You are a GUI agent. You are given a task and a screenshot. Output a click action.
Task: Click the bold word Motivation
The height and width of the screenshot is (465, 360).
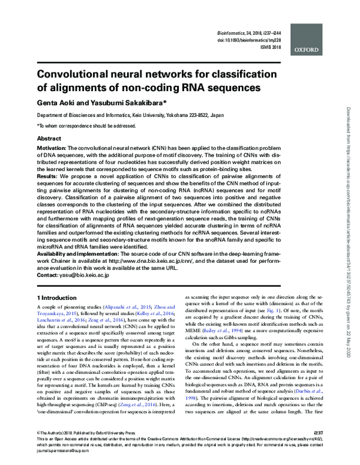click(51, 148)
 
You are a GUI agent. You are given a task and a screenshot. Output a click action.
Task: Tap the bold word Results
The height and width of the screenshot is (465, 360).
click(47, 178)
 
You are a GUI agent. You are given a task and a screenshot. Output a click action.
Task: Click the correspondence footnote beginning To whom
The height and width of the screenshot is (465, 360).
click(86, 125)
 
